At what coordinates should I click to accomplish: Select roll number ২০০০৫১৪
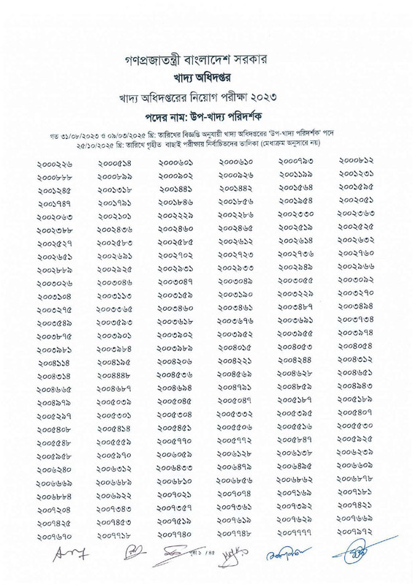pos(114,164)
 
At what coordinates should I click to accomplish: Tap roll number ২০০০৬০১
pos(175,162)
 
